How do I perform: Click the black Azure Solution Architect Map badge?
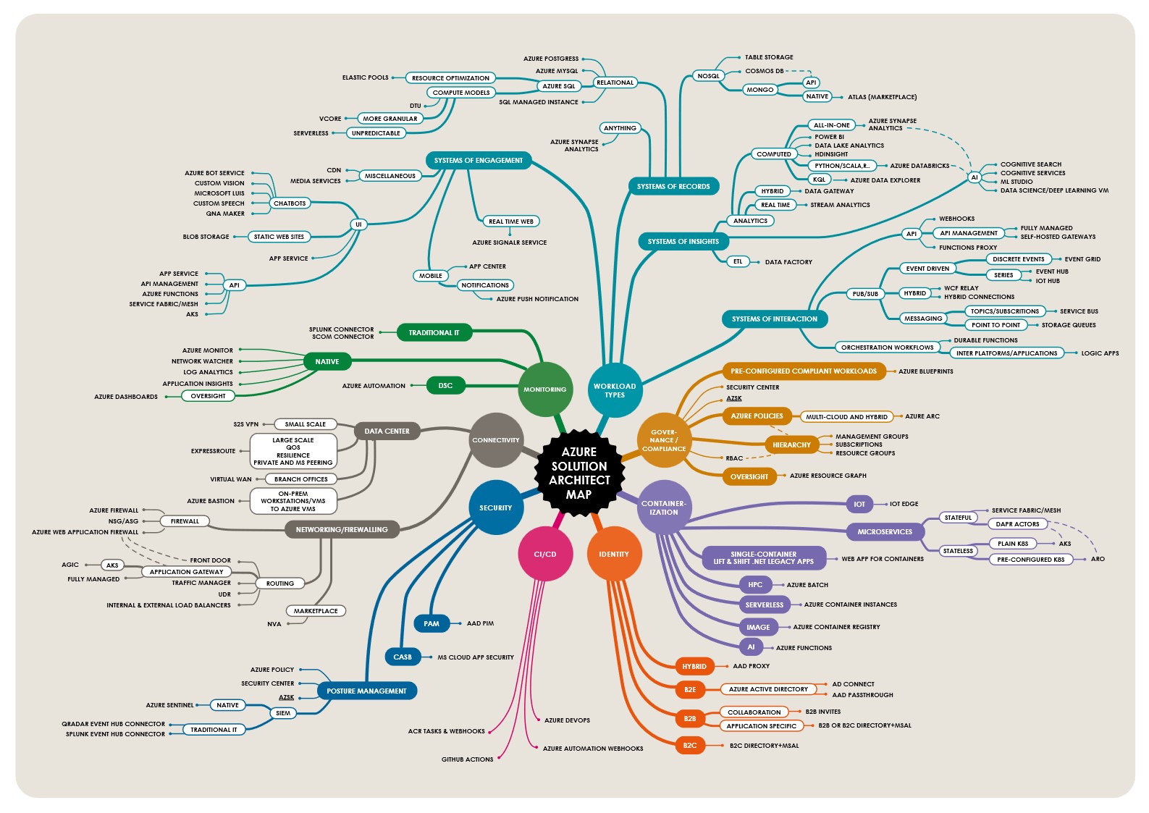[x=578, y=473]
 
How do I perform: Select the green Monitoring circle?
[x=545, y=389]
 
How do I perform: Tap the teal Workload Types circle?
[x=615, y=390]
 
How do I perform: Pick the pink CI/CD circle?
[x=545, y=554]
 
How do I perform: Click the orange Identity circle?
[x=614, y=554]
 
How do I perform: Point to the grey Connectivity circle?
[x=496, y=440]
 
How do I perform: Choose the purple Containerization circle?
[x=663, y=507]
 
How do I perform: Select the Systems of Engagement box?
[x=479, y=160]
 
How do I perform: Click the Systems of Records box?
[x=673, y=186]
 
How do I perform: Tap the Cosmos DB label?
[x=765, y=71]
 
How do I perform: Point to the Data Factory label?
[x=788, y=262]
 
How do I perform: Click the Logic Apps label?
[x=1100, y=353]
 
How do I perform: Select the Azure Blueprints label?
[x=926, y=371]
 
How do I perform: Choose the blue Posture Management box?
[x=366, y=691]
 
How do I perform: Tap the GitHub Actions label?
[x=467, y=759]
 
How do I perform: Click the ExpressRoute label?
[x=213, y=451]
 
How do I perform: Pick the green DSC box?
[x=445, y=385]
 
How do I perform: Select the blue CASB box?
[x=403, y=657]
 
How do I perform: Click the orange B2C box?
[x=690, y=745]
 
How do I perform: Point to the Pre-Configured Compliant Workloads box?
[x=804, y=371]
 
